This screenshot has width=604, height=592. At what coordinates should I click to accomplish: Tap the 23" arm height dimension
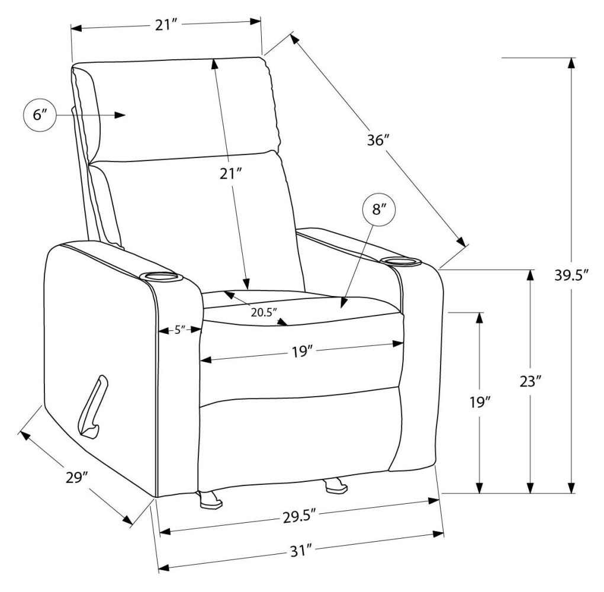tap(531, 382)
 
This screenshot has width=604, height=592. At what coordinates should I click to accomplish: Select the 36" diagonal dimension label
tap(379, 140)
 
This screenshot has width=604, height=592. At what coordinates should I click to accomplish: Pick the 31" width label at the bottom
tap(301, 551)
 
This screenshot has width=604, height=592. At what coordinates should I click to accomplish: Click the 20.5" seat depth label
tap(264, 312)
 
